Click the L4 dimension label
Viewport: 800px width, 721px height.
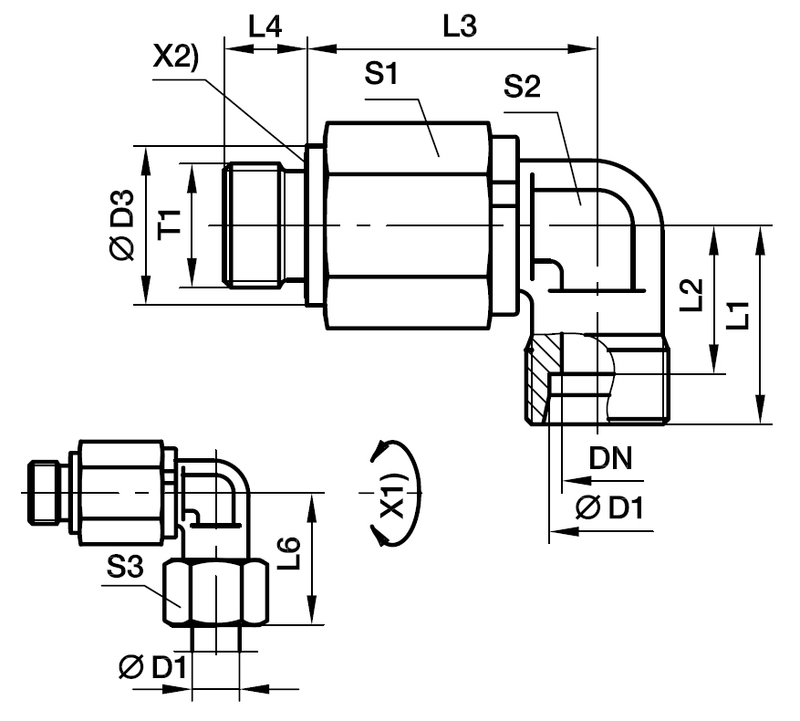[x=265, y=26]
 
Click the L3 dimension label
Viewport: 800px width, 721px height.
[x=460, y=26]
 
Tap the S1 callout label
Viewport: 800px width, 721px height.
[x=381, y=73]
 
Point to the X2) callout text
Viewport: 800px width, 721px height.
[x=175, y=57]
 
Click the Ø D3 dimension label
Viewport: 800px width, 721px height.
[x=122, y=225]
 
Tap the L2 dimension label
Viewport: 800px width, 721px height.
[x=692, y=295]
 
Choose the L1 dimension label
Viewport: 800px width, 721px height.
[x=738, y=315]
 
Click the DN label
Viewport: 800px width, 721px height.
[x=610, y=458]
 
